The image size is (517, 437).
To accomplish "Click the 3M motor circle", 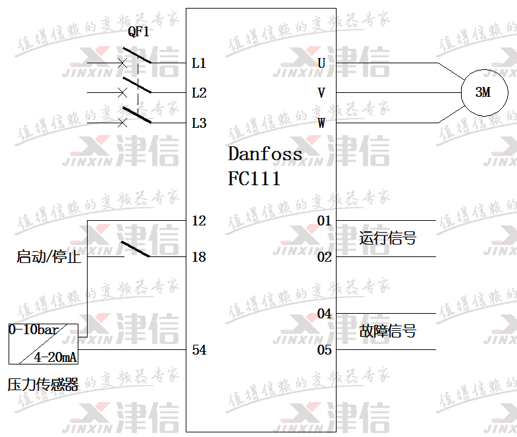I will tap(483, 92).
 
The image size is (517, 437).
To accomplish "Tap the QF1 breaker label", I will tap(138, 31).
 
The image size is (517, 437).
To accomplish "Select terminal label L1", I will tap(199, 63).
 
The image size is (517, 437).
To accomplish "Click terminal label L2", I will tap(199, 93).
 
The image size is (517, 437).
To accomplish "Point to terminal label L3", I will tap(199, 123).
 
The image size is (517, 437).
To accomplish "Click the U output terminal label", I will tap(321, 63).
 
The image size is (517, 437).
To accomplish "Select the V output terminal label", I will tap(321, 93).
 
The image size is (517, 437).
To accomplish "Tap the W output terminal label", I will tap(321, 123).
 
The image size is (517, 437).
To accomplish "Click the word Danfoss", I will tap(265, 154).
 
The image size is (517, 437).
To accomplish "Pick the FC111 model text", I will tap(254, 179).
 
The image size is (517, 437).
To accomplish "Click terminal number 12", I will tap(199, 221).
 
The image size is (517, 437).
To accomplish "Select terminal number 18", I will tap(199, 257).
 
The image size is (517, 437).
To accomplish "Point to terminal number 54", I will tap(199, 350).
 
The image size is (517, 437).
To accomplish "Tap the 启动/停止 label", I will tap(49, 257).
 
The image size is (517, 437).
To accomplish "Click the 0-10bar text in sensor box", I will tap(33, 329).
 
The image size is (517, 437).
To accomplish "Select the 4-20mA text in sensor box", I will tap(56, 357).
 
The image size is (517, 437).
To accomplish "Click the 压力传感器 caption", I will tap(43, 385).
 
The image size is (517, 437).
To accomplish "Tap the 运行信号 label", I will tap(387, 238).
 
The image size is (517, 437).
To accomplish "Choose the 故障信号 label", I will tap(387, 331).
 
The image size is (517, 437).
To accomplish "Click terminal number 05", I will tap(324, 350).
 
